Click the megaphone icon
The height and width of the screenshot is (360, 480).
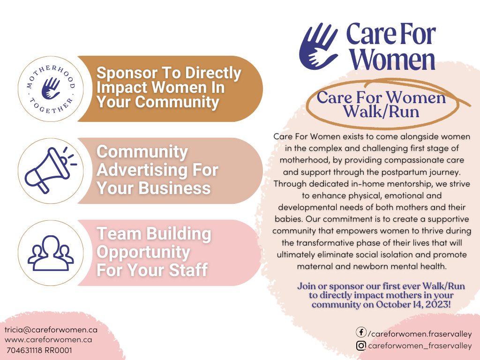click(x=49, y=170)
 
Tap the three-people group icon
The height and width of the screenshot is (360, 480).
click(x=51, y=253)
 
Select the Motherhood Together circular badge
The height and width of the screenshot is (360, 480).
click(x=51, y=89)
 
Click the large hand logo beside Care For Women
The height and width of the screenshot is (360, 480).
click(x=318, y=46)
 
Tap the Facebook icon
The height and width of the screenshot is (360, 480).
click(x=361, y=332)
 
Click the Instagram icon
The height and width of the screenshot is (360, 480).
click(x=361, y=345)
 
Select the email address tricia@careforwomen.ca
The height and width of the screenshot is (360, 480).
click(x=51, y=330)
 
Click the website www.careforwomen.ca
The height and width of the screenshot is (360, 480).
click(x=48, y=340)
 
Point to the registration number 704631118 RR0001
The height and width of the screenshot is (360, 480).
click(x=39, y=350)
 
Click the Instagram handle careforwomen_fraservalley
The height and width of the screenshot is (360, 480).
click(x=420, y=345)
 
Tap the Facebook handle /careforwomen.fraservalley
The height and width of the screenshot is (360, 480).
click(x=420, y=334)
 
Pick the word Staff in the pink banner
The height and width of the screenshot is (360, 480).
click(x=188, y=270)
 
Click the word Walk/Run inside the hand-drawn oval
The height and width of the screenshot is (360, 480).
click(x=381, y=112)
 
